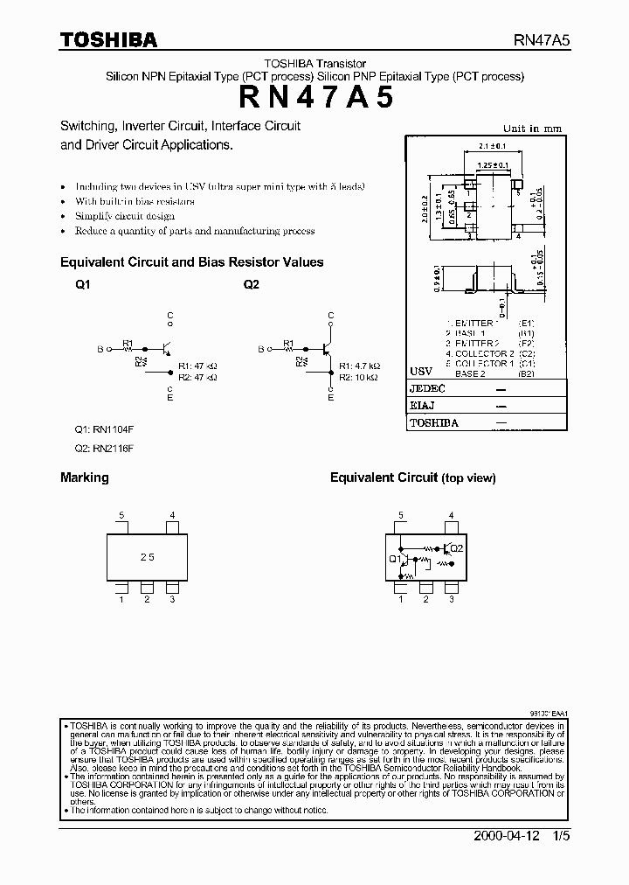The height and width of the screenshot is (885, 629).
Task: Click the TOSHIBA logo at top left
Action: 108,39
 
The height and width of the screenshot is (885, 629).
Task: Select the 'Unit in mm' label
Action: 532,129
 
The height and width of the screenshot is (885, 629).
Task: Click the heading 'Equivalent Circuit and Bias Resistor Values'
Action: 191,261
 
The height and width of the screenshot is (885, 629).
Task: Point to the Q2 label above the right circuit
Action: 252,284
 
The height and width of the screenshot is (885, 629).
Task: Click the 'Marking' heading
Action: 85,477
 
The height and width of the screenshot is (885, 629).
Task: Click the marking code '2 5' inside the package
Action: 148,556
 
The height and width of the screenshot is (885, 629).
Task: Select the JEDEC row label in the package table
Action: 427,388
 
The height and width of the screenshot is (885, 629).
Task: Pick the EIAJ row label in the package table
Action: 422,405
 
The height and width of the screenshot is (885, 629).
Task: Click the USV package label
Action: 421,371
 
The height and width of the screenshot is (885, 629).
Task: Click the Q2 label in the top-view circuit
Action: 459,548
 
